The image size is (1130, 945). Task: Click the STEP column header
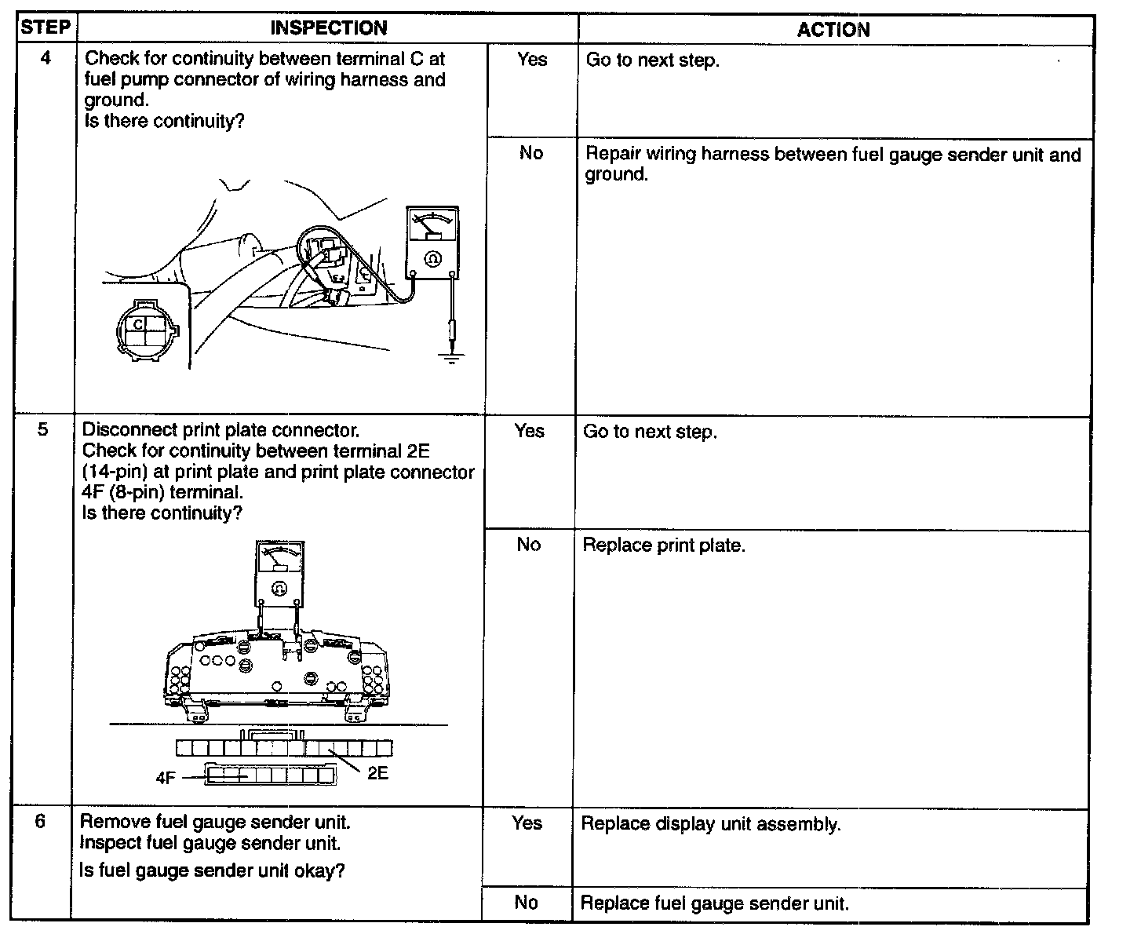point(45,27)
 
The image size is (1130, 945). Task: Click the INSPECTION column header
point(328,28)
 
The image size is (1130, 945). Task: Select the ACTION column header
point(833,30)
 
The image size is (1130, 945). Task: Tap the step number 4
point(46,58)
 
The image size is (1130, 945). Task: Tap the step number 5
point(43,429)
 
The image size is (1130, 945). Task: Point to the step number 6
point(41,821)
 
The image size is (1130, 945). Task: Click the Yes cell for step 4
point(532,59)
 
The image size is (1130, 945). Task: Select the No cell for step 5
point(529,545)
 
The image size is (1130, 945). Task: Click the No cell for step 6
point(527,903)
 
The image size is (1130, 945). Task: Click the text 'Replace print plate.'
point(663,545)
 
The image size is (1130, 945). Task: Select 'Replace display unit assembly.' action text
point(710,824)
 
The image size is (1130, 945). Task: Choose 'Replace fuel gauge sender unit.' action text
point(714,903)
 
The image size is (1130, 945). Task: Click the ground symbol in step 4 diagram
point(451,358)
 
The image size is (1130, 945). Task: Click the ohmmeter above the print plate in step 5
point(279,573)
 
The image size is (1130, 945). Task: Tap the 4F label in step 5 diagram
point(166,778)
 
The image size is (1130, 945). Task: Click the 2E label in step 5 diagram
point(377,773)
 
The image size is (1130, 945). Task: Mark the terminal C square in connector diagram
point(138,323)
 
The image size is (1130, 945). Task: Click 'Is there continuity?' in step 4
point(165,122)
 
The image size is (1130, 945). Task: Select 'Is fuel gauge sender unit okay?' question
point(212,870)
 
